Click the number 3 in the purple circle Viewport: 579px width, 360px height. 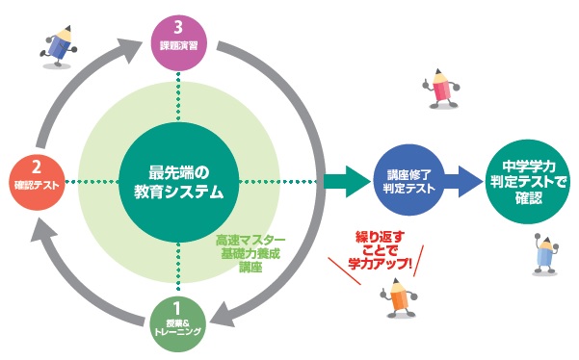178,28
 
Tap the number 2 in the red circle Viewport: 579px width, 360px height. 37,167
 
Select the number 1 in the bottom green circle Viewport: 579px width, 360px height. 176,308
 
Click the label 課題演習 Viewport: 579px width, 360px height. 179,46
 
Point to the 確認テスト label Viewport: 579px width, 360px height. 37,185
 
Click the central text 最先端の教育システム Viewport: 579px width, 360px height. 179,182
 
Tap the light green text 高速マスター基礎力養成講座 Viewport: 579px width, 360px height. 250,254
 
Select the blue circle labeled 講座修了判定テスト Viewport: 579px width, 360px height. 409,180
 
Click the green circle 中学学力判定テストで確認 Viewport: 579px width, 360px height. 528,182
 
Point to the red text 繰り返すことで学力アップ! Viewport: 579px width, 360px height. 380,250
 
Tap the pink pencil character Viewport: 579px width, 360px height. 441,89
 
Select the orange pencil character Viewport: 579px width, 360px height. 399,298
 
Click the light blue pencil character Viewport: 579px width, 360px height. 545,254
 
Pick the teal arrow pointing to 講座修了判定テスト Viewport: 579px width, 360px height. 347,181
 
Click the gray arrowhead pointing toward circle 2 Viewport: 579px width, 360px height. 43,229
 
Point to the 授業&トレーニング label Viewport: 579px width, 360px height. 177,327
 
